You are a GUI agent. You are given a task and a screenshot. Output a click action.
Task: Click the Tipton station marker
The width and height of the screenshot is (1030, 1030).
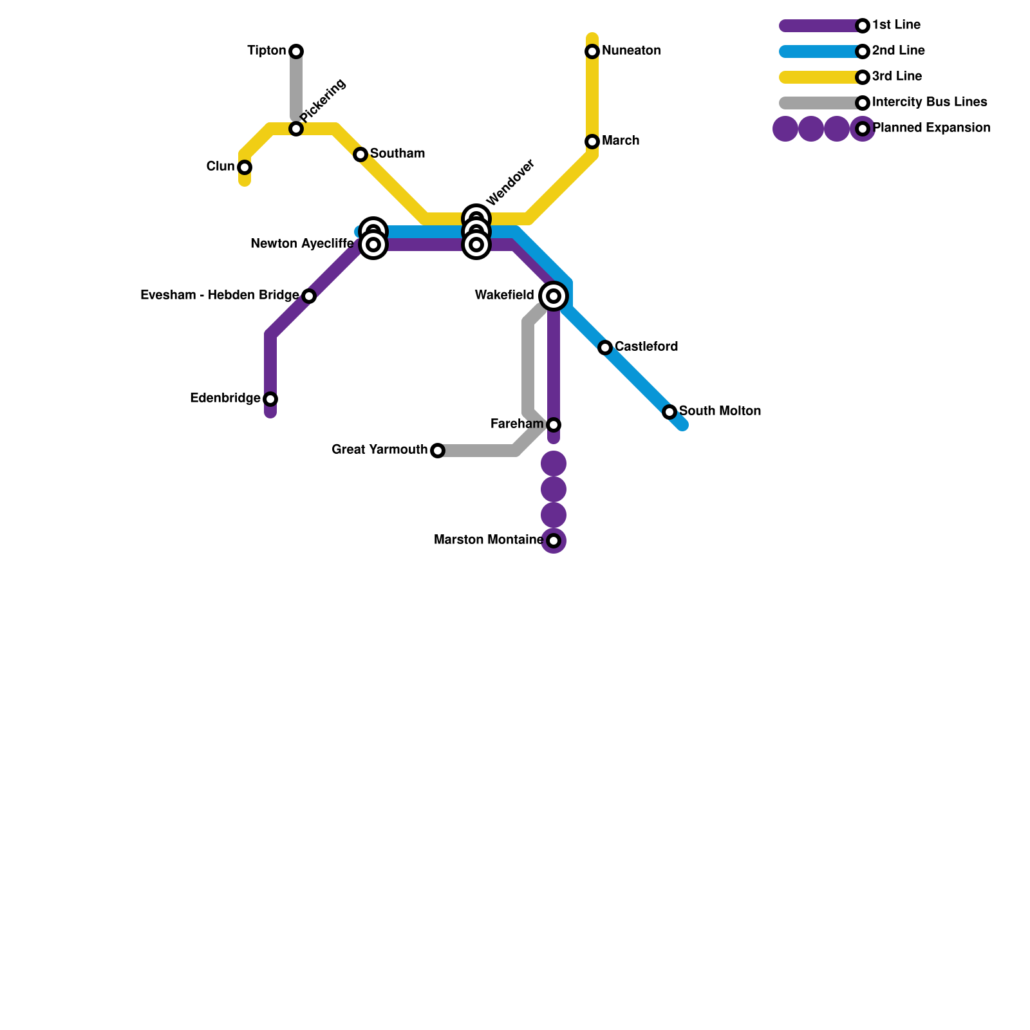click(x=296, y=51)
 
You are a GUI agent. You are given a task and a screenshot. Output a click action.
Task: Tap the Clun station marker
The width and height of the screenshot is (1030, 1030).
click(x=245, y=167)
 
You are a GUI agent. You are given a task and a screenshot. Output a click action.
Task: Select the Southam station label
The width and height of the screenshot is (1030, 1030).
click(x=397, y=154)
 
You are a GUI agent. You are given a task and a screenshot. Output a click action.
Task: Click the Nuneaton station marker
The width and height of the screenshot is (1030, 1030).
click(x=592, y=51)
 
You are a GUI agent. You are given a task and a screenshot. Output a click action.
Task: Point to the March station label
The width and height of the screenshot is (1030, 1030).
click(x=621, y=141)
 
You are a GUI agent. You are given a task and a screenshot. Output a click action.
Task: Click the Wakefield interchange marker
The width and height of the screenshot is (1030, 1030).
click(x=554, y=296)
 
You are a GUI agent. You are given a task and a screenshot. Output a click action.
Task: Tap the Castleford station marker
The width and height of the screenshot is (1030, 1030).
click(x=605, y=348)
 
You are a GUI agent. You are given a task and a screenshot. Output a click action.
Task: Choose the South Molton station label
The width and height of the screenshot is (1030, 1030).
click(x=720, y=411)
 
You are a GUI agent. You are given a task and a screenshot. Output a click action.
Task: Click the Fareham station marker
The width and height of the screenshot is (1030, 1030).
click(x=554, y=425)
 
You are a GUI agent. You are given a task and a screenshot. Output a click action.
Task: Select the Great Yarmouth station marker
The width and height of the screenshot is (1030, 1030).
click(x=438, y=451)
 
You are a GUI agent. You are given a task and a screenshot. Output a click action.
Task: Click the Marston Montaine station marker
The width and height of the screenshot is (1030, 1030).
click(x=554, y=541)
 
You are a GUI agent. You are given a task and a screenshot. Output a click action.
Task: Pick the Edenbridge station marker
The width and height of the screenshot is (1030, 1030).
click(x=270, y=399)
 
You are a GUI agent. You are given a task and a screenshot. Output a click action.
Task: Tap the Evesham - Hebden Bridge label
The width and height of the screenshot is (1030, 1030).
click(x=220, y=295)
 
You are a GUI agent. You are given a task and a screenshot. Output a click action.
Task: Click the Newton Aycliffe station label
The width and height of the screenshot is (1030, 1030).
click(x=302, y=244)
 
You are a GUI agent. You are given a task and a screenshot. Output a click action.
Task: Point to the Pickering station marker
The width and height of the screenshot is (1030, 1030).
click(x=296, y=129)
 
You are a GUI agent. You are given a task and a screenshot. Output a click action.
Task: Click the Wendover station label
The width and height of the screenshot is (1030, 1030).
click(x=510, y=182)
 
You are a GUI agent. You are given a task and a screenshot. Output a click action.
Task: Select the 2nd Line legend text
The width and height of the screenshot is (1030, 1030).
click(x=898, y=51)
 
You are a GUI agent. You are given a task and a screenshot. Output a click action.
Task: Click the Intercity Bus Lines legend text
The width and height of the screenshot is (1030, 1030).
click(x=929, y=102)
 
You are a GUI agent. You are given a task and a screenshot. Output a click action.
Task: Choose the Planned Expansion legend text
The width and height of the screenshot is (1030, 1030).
click(x=931, y=128)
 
